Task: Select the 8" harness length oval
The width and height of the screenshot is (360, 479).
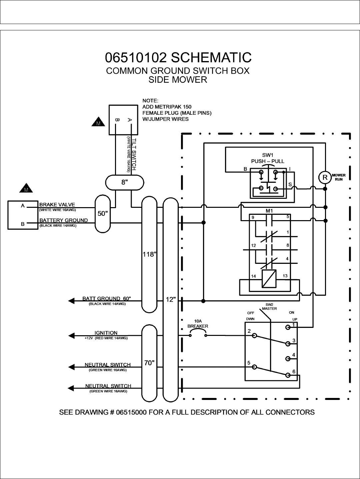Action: click(x=125, y=182)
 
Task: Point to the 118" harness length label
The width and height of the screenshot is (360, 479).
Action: click(x=149, y=255)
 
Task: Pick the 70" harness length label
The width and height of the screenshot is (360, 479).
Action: click(x=149, y=363)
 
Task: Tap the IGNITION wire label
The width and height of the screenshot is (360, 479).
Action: click(x=106, y=333)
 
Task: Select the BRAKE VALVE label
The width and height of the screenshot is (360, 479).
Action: click(x=57, y=204)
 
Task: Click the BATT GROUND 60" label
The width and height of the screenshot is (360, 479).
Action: click(x=107, y=299)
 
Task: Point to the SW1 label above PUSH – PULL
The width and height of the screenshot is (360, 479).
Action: click(x=267, y=155)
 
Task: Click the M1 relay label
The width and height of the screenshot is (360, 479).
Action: click(x=269, y=211)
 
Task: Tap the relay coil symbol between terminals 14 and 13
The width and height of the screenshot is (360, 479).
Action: click(x=269, y=278)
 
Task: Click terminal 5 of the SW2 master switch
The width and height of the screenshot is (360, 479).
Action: click(x=255, y=367)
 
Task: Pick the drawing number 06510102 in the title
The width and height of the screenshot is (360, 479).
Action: click(x=136, y=57)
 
